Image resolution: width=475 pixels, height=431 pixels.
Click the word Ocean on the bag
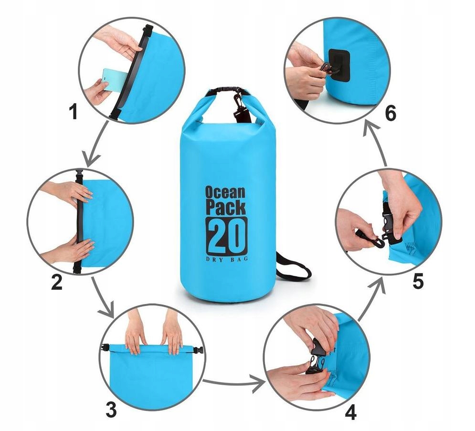(x=225, y=192)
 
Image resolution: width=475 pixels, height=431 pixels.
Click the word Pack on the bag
(x=225, y=207)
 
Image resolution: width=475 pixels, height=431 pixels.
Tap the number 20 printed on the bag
(x=227, y=235)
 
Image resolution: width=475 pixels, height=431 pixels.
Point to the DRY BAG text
(x=227, y=259)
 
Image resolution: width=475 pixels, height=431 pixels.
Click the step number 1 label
(x=73, y=112)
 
